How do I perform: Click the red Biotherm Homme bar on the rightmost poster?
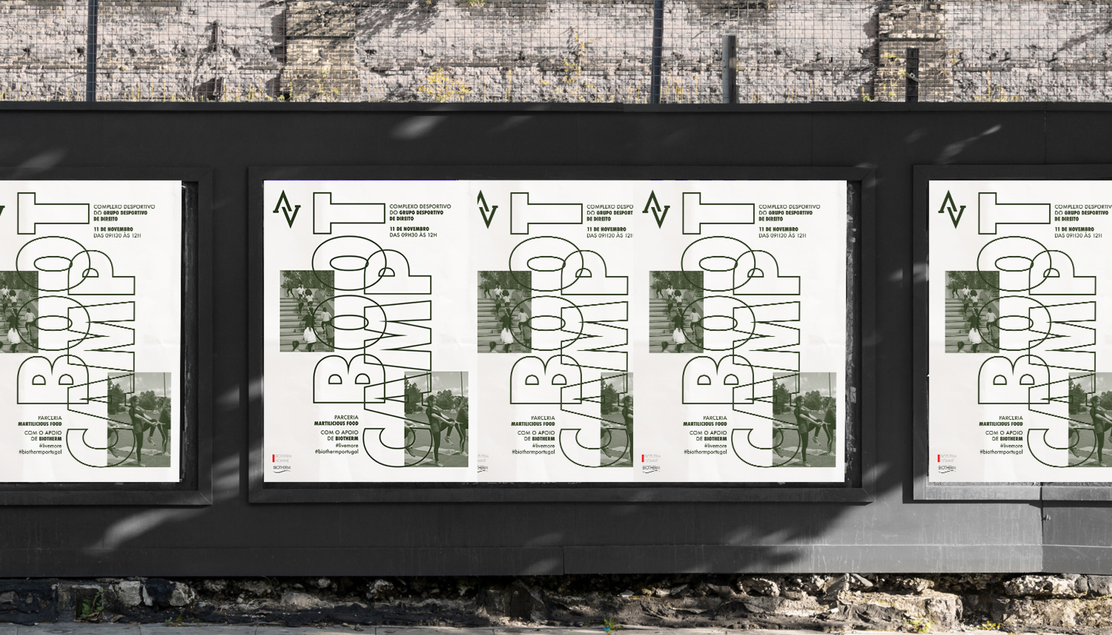[x=939, y=458]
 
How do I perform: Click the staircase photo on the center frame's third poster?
[x=676, y=311]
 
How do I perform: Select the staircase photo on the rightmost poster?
[x=972, y=311]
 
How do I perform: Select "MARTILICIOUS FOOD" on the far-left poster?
[x=40, y=424]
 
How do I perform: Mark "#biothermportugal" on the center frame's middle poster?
[x=533, y=452]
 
